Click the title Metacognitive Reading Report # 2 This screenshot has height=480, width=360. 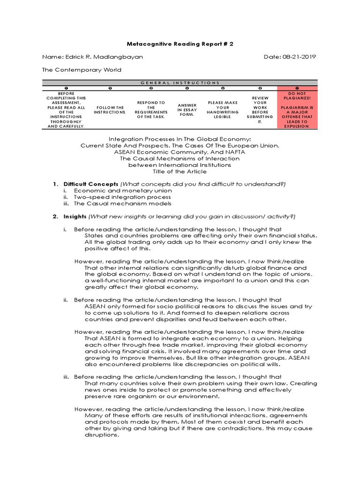click(x=180, y=44)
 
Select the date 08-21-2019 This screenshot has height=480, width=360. click(x=290, y=57)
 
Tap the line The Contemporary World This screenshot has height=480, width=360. click(x=82, y=70)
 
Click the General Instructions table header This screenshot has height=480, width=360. click(x=180, y=82)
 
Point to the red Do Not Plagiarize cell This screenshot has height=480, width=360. click(x=298, y=110)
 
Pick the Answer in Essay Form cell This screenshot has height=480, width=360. click(x=187, y=110)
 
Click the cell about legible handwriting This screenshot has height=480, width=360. click(x=223, y=110)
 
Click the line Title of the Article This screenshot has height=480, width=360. click(x=180, y=172)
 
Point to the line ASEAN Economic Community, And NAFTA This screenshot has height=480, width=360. click(x=180, y=152)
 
